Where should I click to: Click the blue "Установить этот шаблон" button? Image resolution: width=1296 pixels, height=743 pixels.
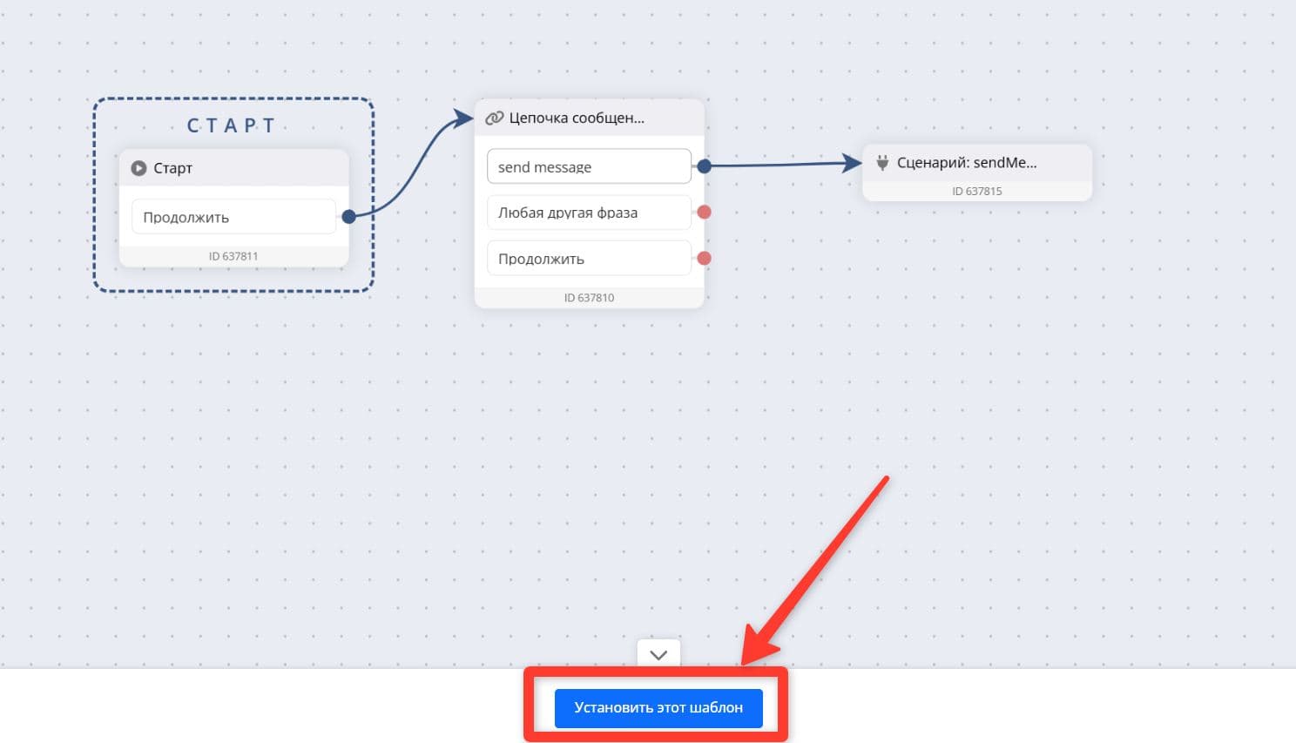(658, 707)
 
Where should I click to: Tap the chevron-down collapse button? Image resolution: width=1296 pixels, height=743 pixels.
(658, 654)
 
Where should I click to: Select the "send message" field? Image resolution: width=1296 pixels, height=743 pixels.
(589, 166)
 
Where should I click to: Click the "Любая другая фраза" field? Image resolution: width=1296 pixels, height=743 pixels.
(589, 213)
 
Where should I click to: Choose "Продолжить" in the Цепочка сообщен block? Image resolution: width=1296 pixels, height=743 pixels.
(589, 258)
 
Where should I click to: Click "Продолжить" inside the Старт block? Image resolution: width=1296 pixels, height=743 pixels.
(233, 217)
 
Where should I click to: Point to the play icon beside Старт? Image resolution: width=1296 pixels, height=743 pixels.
(138, 168)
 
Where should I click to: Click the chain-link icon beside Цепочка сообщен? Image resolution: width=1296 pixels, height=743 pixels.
(494, 118)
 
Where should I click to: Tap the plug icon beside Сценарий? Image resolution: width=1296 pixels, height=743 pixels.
(882, 163)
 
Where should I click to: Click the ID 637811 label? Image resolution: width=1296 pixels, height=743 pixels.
(233, 256)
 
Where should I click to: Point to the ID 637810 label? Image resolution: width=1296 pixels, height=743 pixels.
(589, 297)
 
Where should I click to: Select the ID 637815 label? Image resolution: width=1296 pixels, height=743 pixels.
(976, 191)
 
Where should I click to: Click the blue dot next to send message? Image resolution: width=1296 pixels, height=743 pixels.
(704, 166)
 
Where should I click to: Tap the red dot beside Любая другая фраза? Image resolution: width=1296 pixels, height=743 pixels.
(704, 213)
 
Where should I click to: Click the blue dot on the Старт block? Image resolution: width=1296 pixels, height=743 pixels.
(349, 216)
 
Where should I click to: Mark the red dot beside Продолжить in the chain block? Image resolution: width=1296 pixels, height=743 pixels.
(704, 258)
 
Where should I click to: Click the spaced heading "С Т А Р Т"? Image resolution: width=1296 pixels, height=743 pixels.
(231, 125)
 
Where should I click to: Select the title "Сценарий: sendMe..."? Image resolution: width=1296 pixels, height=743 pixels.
(967, 163)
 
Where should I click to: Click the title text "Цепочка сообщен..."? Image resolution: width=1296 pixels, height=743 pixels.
(577, 118)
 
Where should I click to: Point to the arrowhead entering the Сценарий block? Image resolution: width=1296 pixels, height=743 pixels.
(853, 163)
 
